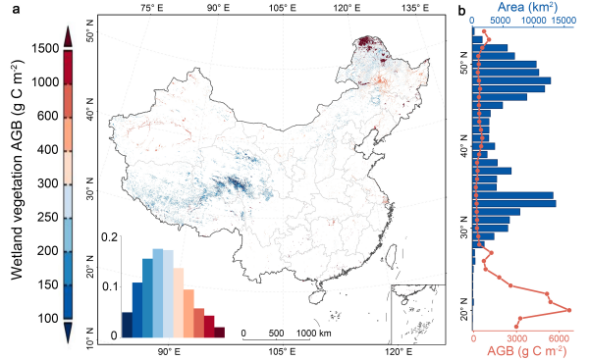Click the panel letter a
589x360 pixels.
(x=16, y=10)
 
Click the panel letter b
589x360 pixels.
(x=462, y=11)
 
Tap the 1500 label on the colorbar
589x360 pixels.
(x=45, y=48)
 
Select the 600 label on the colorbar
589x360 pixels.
(x=48, y=116)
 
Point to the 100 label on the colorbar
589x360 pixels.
(x=48, y=318)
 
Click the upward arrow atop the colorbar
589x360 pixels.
(x=68, y=36)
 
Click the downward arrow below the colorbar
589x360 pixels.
(x=68, y=333)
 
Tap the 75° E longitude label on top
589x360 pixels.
(x=152, y=8)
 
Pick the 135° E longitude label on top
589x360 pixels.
(x=415, y=8)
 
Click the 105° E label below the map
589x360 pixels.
(x=282, y=352)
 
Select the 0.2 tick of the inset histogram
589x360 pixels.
(x=109, y=237)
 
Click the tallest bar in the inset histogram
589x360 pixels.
(x=158, y=293)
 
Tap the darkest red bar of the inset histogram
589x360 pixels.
(x=219, y=333)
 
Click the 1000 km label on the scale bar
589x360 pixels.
(x=314, y=333)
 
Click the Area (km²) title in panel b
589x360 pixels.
(x=528, y=7)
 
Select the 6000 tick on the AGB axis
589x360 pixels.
(x=559, y=338)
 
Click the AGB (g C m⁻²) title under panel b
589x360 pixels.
(x=526, y=350)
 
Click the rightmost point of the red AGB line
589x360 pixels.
(x=569, y=310)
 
